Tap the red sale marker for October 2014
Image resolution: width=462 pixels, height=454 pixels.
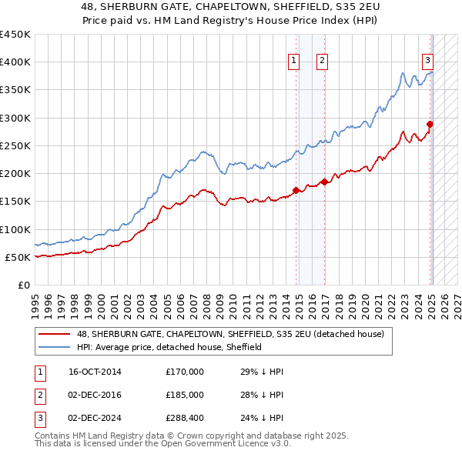click(296, 190)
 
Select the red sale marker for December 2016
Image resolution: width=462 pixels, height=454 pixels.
click(325, 182)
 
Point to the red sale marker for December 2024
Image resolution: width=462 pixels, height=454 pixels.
click(430, 124)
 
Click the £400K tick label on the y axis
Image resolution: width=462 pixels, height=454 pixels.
click(15, 62)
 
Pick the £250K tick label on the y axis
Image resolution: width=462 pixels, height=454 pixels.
click(15, 145)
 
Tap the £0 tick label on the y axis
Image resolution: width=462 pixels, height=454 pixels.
click(22, 285)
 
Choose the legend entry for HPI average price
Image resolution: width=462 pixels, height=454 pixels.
click(169, 347)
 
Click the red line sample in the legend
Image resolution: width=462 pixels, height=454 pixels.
click(55, 334)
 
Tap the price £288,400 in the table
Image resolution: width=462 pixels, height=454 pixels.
click(185, 418)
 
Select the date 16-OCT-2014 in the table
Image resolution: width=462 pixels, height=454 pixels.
click(95, 372)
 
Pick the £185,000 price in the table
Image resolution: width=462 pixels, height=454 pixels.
click(185, 395)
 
